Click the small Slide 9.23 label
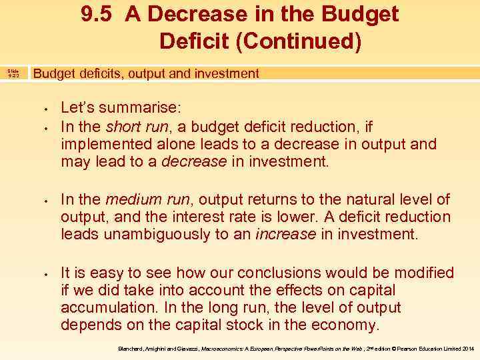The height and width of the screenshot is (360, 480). (x=13, y=73)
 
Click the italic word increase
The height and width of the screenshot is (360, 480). (x=286, y=235)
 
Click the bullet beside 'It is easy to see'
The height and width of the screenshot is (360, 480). (x=45, y=273)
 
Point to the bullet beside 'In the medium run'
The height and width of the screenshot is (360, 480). (x=45, y=200)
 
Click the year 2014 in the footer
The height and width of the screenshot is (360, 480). (x=468, y=348)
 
